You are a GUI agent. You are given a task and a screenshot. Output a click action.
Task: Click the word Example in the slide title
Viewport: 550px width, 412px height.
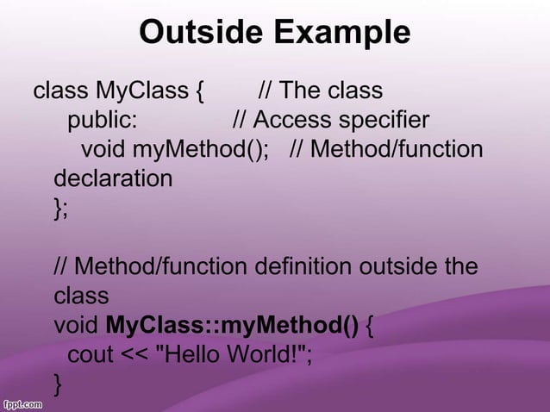tap(342, 33)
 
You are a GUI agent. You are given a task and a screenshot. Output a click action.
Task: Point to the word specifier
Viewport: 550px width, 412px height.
tap(381, 119)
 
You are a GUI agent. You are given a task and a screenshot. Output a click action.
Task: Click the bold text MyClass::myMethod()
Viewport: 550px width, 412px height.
tap(231, 326)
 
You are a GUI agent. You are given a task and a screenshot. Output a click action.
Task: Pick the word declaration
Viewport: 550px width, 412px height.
tap(113, 178)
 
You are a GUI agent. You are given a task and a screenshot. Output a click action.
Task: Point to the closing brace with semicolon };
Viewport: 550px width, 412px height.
tap(60, 208)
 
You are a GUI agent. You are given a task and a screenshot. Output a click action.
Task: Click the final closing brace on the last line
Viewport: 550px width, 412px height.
tap(58, 383)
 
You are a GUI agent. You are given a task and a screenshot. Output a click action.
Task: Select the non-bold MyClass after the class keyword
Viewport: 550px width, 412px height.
tap(138, 90)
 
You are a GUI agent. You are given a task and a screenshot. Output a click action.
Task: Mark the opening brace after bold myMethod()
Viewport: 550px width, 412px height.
tap(370, 326)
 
